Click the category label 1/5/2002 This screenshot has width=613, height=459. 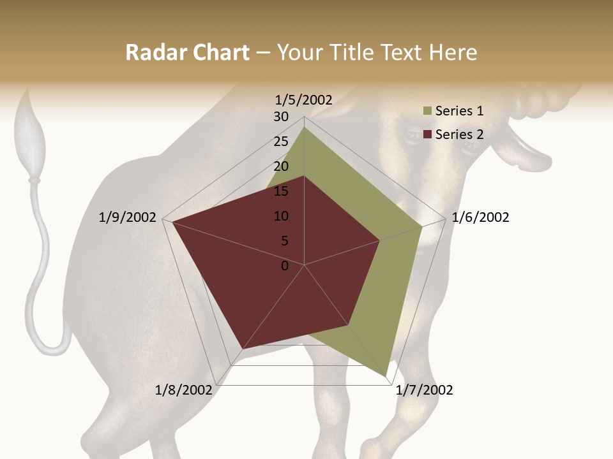(x=304, y=99)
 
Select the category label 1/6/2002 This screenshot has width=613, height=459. (x=480, y=217)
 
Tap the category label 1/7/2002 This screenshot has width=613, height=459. (x=424, y=390)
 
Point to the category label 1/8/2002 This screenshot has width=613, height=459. (x=184, y=390)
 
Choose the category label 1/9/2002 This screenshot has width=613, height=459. (x=128, y=217)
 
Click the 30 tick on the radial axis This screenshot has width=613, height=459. (x=281, y=117)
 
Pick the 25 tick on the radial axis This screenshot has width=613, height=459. (x=281, y=142)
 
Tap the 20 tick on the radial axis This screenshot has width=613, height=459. (x=281, y=166)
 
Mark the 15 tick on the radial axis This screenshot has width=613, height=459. (x=281, y=191)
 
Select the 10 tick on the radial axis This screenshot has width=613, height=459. (x=281, y=216)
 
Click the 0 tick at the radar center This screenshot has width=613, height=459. (x=285, y=266)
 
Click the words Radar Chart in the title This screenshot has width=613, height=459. (x=187, y=53)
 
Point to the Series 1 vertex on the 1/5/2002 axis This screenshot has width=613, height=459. (x=304, y=127)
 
